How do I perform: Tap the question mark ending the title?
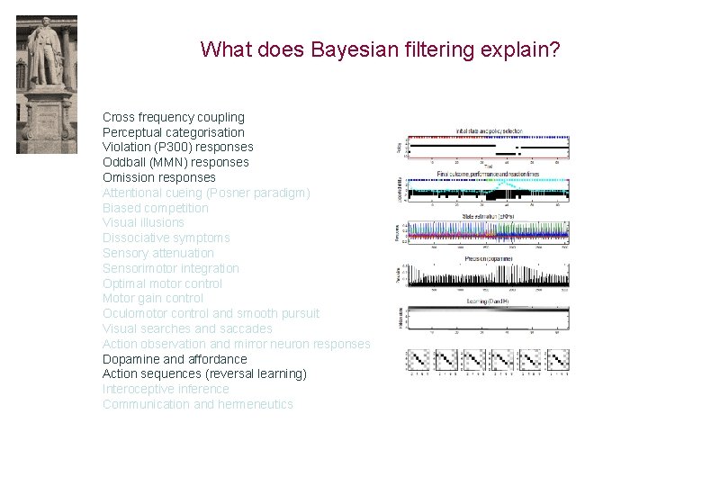click(554, 49)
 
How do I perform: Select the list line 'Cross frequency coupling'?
click(173, 117)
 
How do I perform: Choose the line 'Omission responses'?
click(158, 177)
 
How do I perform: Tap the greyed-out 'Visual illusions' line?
click(143, 222)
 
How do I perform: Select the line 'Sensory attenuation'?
click(157, 253)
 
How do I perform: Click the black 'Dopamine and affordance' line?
click(174, 359)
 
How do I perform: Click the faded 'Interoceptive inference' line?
click(166, 389)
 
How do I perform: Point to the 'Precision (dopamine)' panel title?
click(487, 258)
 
